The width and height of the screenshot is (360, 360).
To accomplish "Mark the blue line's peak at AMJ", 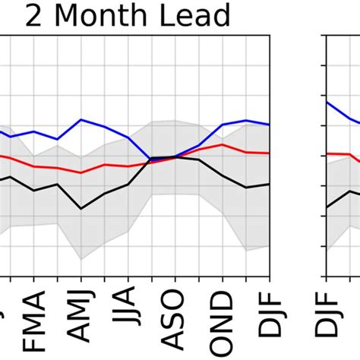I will (81, 120).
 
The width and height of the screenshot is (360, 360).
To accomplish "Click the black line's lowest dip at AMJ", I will (81, 208).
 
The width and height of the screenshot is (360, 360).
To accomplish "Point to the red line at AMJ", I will (81, 172).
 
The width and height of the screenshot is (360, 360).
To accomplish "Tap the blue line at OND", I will (223, 125).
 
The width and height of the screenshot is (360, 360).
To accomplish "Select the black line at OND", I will (223, 175).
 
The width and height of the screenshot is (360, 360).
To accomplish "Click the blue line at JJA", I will (128, 137).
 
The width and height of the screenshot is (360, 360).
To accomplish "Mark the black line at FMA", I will (34, 190).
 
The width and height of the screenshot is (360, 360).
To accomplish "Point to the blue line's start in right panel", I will (327, 102).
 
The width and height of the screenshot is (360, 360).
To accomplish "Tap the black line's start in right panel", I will (327, 207).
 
